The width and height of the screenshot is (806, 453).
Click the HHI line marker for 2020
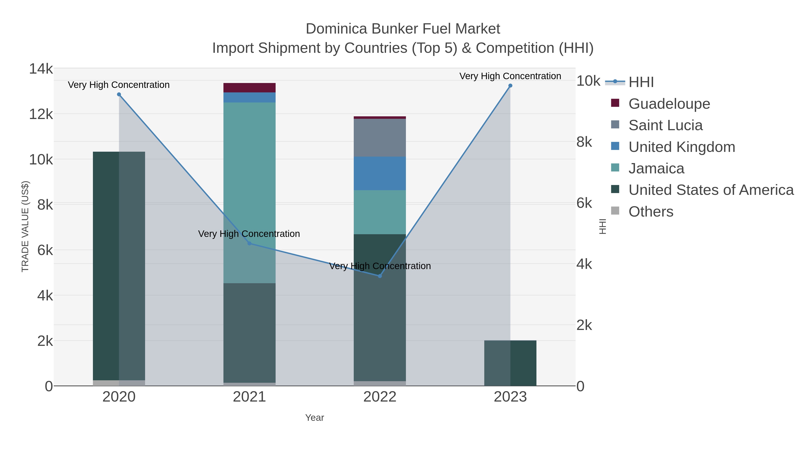119,94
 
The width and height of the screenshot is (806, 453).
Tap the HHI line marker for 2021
249,243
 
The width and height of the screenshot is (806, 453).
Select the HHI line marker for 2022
380,276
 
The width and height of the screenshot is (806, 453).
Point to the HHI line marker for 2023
510,86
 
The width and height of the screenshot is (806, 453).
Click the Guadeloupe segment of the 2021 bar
249,88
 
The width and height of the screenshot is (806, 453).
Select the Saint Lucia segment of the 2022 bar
380,138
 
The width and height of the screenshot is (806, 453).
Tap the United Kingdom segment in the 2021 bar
249,98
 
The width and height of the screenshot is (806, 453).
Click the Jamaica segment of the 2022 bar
380,212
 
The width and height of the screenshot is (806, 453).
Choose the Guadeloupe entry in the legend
669,104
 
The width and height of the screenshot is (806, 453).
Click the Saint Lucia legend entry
665,125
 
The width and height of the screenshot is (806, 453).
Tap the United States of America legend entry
711,190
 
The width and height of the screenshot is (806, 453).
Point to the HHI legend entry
641,82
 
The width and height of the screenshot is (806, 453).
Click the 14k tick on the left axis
41,69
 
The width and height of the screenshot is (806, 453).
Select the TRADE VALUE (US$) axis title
25,226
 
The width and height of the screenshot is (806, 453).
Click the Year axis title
315,418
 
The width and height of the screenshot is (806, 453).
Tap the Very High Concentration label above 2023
510,76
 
